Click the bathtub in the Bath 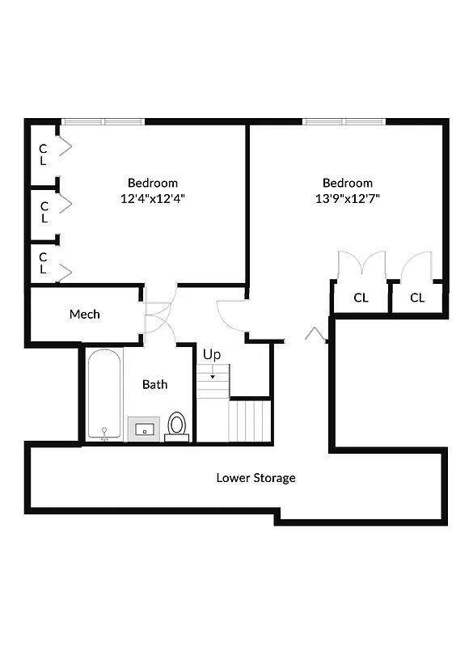[x=104, y=395]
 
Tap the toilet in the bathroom [x=176, y=425]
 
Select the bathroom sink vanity [x=145, y=429]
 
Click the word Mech [x=84, y=314]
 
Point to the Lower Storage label [x=256, y=478]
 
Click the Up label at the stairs [x=212, y=354]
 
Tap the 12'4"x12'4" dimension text [x=153, y=197]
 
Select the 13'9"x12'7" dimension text [x=348, y=197]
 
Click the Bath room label [x=154, y=384]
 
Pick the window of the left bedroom [x=103, y=122]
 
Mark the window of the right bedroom [x=344, y=122]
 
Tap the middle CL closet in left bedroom [x=44, y=212]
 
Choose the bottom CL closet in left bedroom [x=44, y=263]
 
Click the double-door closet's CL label [x=361, y=298]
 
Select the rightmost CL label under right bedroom [x=417, y=298]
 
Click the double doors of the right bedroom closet [x=361, y=265]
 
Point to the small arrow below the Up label [x=213, y=375]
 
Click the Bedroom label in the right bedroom [x=348, y=183]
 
